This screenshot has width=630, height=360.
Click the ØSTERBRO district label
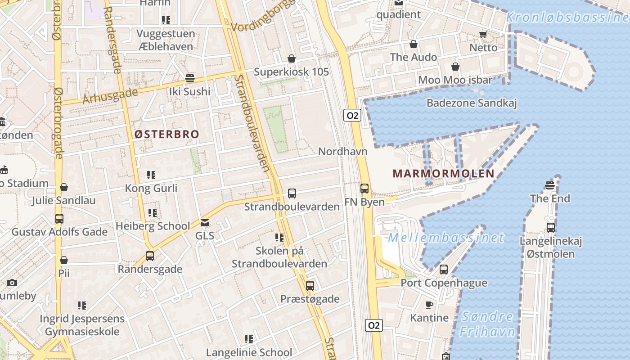[166, 134]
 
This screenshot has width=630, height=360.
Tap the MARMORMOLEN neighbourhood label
[443, 174]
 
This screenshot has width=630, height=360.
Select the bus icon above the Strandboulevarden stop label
[292, 193]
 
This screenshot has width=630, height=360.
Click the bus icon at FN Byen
[364, 189]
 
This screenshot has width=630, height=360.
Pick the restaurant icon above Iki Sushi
[189, 78]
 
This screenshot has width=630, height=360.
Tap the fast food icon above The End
[549, 185]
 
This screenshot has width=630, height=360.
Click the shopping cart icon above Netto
[483, 34]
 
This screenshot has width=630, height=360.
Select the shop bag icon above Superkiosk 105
[292, 58]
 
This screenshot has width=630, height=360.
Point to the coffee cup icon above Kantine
[429, 305]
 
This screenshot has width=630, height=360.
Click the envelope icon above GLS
[205, 222]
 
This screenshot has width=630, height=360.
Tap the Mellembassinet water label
[446, 238]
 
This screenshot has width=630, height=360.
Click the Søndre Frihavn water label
[487, 324]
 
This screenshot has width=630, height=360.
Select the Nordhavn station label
[342, 151]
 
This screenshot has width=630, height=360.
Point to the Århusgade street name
[110, 96]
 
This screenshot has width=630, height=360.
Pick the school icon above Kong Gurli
[151, 175]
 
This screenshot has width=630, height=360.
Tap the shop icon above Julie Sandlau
[64, 187]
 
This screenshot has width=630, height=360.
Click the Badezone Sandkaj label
[471, 103]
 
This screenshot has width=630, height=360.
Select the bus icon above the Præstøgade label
[310, 285]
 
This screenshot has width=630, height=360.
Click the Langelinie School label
[249, 352]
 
